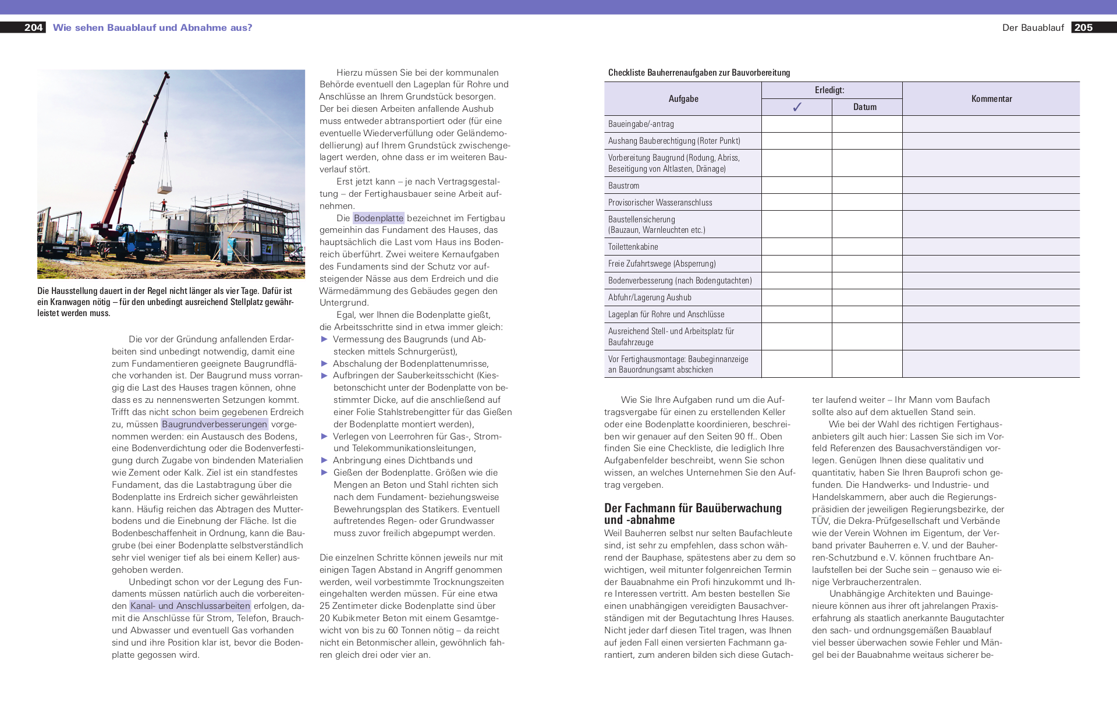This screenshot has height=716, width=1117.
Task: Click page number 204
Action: pyautogui.click(x=33, y=27)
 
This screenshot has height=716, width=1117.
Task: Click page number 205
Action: pyautogui.click(x=1083, y=27)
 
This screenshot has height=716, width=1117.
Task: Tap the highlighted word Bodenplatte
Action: pyautogui.click(x=378, y=218)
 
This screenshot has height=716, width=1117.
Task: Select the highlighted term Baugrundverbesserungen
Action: pyautogui.click(x=214, y=424)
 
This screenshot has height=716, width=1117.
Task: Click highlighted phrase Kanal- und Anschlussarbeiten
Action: pyautogui.click(x=190, y=606)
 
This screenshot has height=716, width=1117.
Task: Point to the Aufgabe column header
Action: pyautogui.click(x=683, y=99)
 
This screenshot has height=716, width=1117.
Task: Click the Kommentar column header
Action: pyautogui.click(x=991, y=99)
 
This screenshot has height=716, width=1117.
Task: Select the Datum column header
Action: pyautogui.click(x=865, y=107)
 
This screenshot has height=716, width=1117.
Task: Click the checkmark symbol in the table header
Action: pyautogui.click(x=797, y=107)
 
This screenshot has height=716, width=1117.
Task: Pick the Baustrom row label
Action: pyautogui.click(x=623, y=186)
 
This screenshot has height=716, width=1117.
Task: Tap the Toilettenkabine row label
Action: pyautogui.click(x=633, y=247)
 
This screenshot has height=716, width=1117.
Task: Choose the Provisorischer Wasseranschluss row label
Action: pyautogui.click(x=660, y=203)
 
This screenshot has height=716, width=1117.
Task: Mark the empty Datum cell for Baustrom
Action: pyautogui.click(x=867, y=186)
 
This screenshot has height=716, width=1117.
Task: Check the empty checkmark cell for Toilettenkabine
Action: pyautogui.click(x=796, y=247)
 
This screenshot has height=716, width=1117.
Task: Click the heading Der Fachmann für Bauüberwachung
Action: pyautogui.click(x=693, y=508)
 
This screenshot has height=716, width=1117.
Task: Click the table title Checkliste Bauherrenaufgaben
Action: pyautogui.click(x=699, y=73)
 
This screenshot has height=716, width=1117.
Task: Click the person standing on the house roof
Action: pyautogui.click(x=164, y=204)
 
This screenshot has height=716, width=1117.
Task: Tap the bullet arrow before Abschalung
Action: pyautogui.click(x=325, y=364)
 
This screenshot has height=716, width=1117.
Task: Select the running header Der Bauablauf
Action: pyautogui.click(x=1033, y=28)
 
